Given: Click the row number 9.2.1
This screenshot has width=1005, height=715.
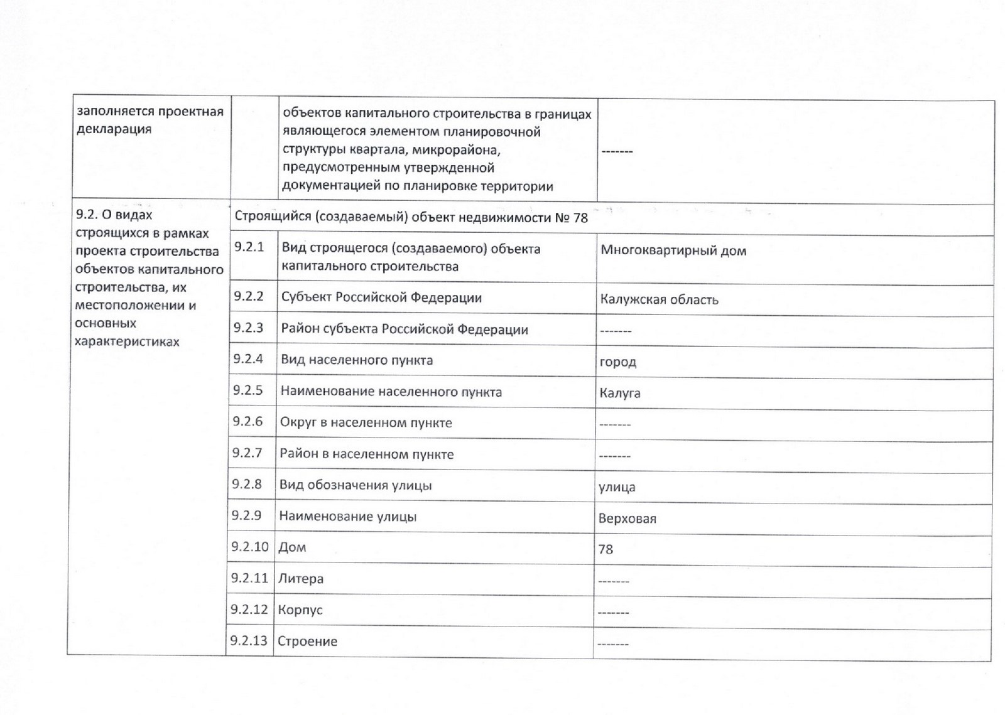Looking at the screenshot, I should point(249,247).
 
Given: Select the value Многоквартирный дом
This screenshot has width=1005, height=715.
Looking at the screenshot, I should point(673,250).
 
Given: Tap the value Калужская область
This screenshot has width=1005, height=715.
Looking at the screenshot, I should point(659,299).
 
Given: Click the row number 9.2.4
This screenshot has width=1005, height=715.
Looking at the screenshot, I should point(248,359).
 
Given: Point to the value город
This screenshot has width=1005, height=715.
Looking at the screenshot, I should point(618,362).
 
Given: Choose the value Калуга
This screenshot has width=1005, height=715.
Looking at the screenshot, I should point(620,394).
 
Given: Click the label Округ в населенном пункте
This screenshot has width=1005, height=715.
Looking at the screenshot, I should point(366,422).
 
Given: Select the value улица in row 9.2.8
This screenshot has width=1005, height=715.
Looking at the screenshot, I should point(617,487).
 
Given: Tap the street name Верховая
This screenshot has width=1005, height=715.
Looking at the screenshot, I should point(627,519).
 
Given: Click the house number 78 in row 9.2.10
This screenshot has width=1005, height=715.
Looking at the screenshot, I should point(606,549).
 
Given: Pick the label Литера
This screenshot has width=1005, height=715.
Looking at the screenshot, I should point(300,579).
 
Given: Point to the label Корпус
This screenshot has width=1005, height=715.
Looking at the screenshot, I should point(300,610).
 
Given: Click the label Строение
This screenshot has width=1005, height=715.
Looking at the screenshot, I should point(307,642).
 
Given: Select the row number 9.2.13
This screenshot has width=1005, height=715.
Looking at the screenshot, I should point(249,641).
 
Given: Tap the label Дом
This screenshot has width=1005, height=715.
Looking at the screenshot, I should point(292,547).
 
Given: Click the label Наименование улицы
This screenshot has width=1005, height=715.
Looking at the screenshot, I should point(347,517).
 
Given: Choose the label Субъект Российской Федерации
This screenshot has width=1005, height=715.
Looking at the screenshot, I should point(381,298).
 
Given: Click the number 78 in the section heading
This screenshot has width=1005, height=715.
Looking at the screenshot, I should point(580,218).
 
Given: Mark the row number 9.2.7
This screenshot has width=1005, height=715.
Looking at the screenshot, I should point(247,453).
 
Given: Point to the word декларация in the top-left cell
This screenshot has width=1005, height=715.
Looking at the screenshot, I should point(114,129).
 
